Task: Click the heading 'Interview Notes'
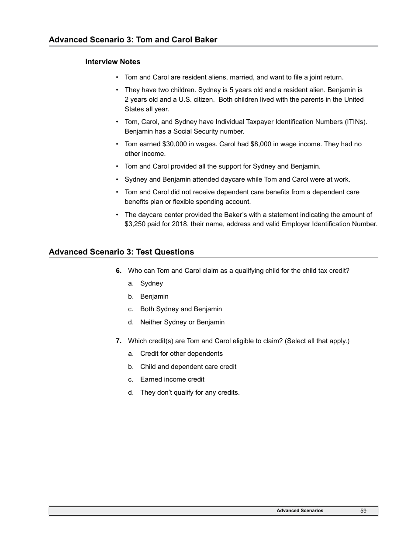point(113,62)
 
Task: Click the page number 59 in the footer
point(363,510)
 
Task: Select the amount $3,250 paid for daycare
point(136,224)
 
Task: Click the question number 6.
point(118,271)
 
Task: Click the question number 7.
point(118,341)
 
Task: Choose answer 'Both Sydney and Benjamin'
point(181,309)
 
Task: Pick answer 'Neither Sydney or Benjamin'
point(182,322)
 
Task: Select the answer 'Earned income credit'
point(172,379)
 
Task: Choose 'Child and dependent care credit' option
point(188,367)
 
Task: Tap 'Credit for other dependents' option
point(181,354)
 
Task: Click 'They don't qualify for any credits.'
point(190,392)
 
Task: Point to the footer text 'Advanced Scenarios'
point(300,510)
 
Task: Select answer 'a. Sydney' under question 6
point(151,283)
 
